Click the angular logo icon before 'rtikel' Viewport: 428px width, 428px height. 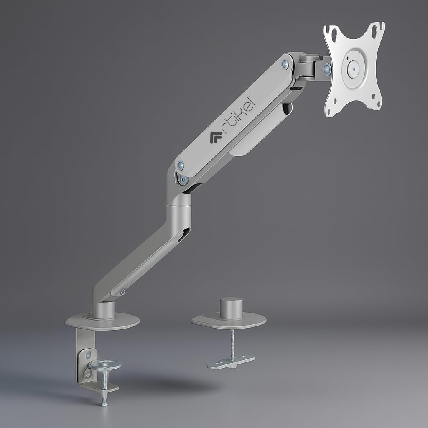pyautogui.click(x=216, y=137)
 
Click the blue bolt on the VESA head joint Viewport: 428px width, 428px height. pyautogui.click(x=327, y=69)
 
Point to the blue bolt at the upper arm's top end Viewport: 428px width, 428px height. pyautogui.click(x=285, y=64)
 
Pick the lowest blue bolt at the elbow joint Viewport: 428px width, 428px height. pyautogui.click(x=183, y=180)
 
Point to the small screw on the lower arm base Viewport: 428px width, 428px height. pyautogui.click(x=122, y=292)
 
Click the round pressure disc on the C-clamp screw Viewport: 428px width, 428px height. pyautogui.click(x=105, y=365)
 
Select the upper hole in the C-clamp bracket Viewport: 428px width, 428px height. pyautogui.click(x=88, y=355)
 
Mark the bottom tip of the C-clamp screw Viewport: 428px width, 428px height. pyautogui.click(x=104, y=403)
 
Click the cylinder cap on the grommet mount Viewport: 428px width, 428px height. pyautogui.click(x=231, y=308)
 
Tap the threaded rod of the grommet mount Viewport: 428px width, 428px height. pyautogui.click(x=232, y=343)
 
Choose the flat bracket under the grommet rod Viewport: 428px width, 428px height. pyautogui.click(x=231, y=362)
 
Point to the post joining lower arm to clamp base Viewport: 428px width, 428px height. pyautogui.click(x=103, y=310)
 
